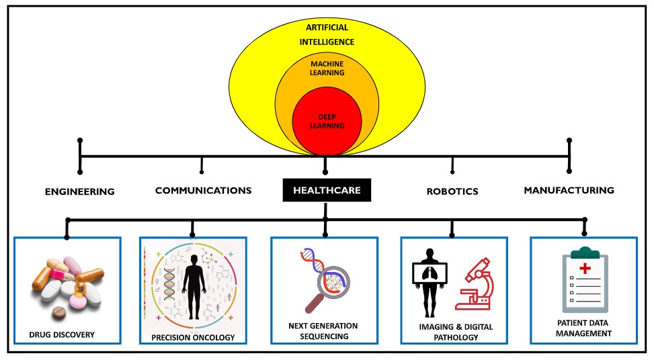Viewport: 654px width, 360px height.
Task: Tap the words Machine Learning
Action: tap(327, 69)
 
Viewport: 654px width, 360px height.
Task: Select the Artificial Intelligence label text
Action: tap(327, 36)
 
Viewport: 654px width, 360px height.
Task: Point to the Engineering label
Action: tap(80, 191)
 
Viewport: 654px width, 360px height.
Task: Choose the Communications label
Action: tap(203, 191)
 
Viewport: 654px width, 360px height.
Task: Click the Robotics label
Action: tap(452, 191)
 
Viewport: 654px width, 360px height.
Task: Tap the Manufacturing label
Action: tap(569, 190)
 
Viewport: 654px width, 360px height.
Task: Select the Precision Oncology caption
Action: tap(192, 337)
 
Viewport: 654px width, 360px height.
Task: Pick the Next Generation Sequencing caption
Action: tap(323, 330)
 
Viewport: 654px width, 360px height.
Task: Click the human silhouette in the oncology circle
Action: tap(194, 285)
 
